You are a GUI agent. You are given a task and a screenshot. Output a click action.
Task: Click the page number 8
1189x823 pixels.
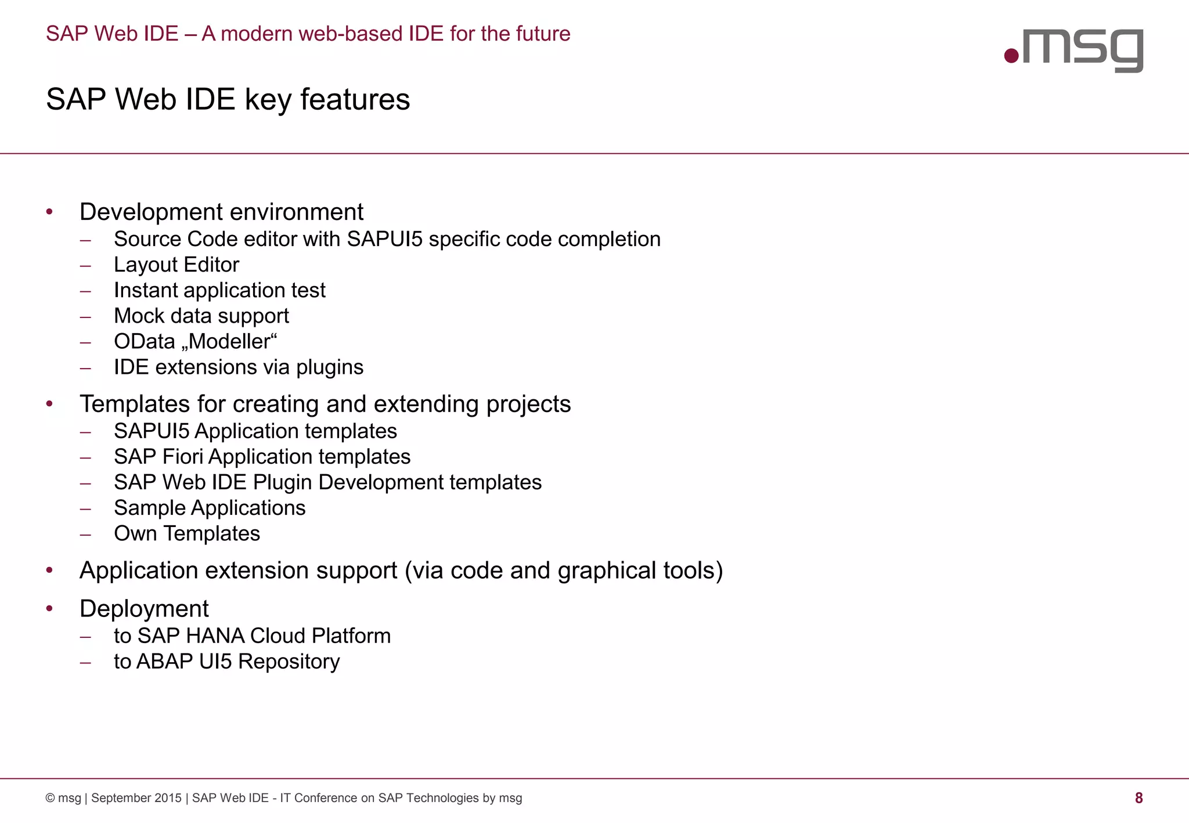click(x=1138, y=798)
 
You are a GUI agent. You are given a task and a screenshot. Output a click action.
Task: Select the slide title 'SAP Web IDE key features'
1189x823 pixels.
click(x=228, y=99)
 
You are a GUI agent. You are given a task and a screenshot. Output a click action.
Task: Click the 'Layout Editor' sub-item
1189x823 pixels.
click(x=176, y=265)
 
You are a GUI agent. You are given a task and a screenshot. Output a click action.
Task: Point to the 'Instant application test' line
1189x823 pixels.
click(x=219, y=290)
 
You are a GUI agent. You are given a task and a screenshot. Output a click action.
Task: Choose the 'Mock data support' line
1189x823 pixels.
click(x=201, y=316)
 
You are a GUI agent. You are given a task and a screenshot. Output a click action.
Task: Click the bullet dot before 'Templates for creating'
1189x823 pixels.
click(x=50, y=403)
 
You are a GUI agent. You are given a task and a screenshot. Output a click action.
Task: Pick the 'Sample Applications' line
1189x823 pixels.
click(x=210, y=508)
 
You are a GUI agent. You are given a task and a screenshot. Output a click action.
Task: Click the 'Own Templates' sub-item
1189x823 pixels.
click(x=187, y=533)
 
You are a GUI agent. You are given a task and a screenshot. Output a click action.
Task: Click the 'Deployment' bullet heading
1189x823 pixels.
click(x=144, y=609)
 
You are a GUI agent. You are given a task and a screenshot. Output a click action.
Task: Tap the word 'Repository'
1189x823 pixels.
click(x=289, y=662)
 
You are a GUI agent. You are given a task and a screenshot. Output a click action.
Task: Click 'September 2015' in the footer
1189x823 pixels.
click(x=136, y=798)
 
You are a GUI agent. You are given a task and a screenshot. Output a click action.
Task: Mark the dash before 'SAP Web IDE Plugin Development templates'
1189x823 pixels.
click(x=86, y=483)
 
